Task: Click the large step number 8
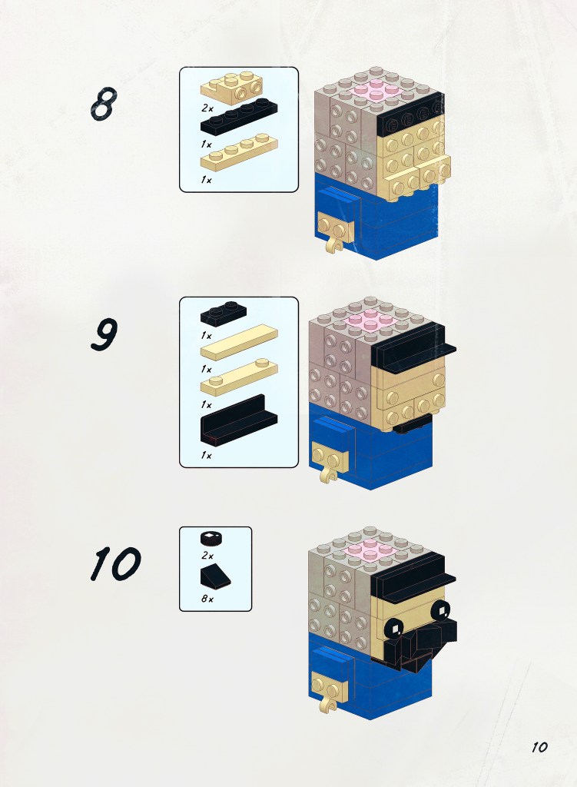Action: pyautogui.click(x=104, y=104)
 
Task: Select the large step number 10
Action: pyautogui.click(x=115, y=563)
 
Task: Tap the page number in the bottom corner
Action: pyautogui.click(x=539, y=747)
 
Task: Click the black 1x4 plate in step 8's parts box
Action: pyautogui.click(x=239, y=116)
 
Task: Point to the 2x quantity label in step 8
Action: pyautogui.click(x=207, y=108)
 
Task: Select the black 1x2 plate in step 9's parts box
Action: pyautogui.click(x=224, y=314)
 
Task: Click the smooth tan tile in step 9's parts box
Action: pyautogui.click(x=239, y=342)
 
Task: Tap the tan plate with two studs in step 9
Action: pyautogui.click(x=239, y=377)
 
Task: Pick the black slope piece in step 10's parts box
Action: pyautogui.click(x=216, y=576)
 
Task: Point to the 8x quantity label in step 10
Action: pyautogui.click(x=207, y=598)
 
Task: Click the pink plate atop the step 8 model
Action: pyautogui.click(x=375, y=92)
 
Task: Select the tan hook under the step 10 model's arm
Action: pyautogui.click(x=328, y=703)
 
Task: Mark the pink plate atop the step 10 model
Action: pyautogui.click(x=370, y=550)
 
